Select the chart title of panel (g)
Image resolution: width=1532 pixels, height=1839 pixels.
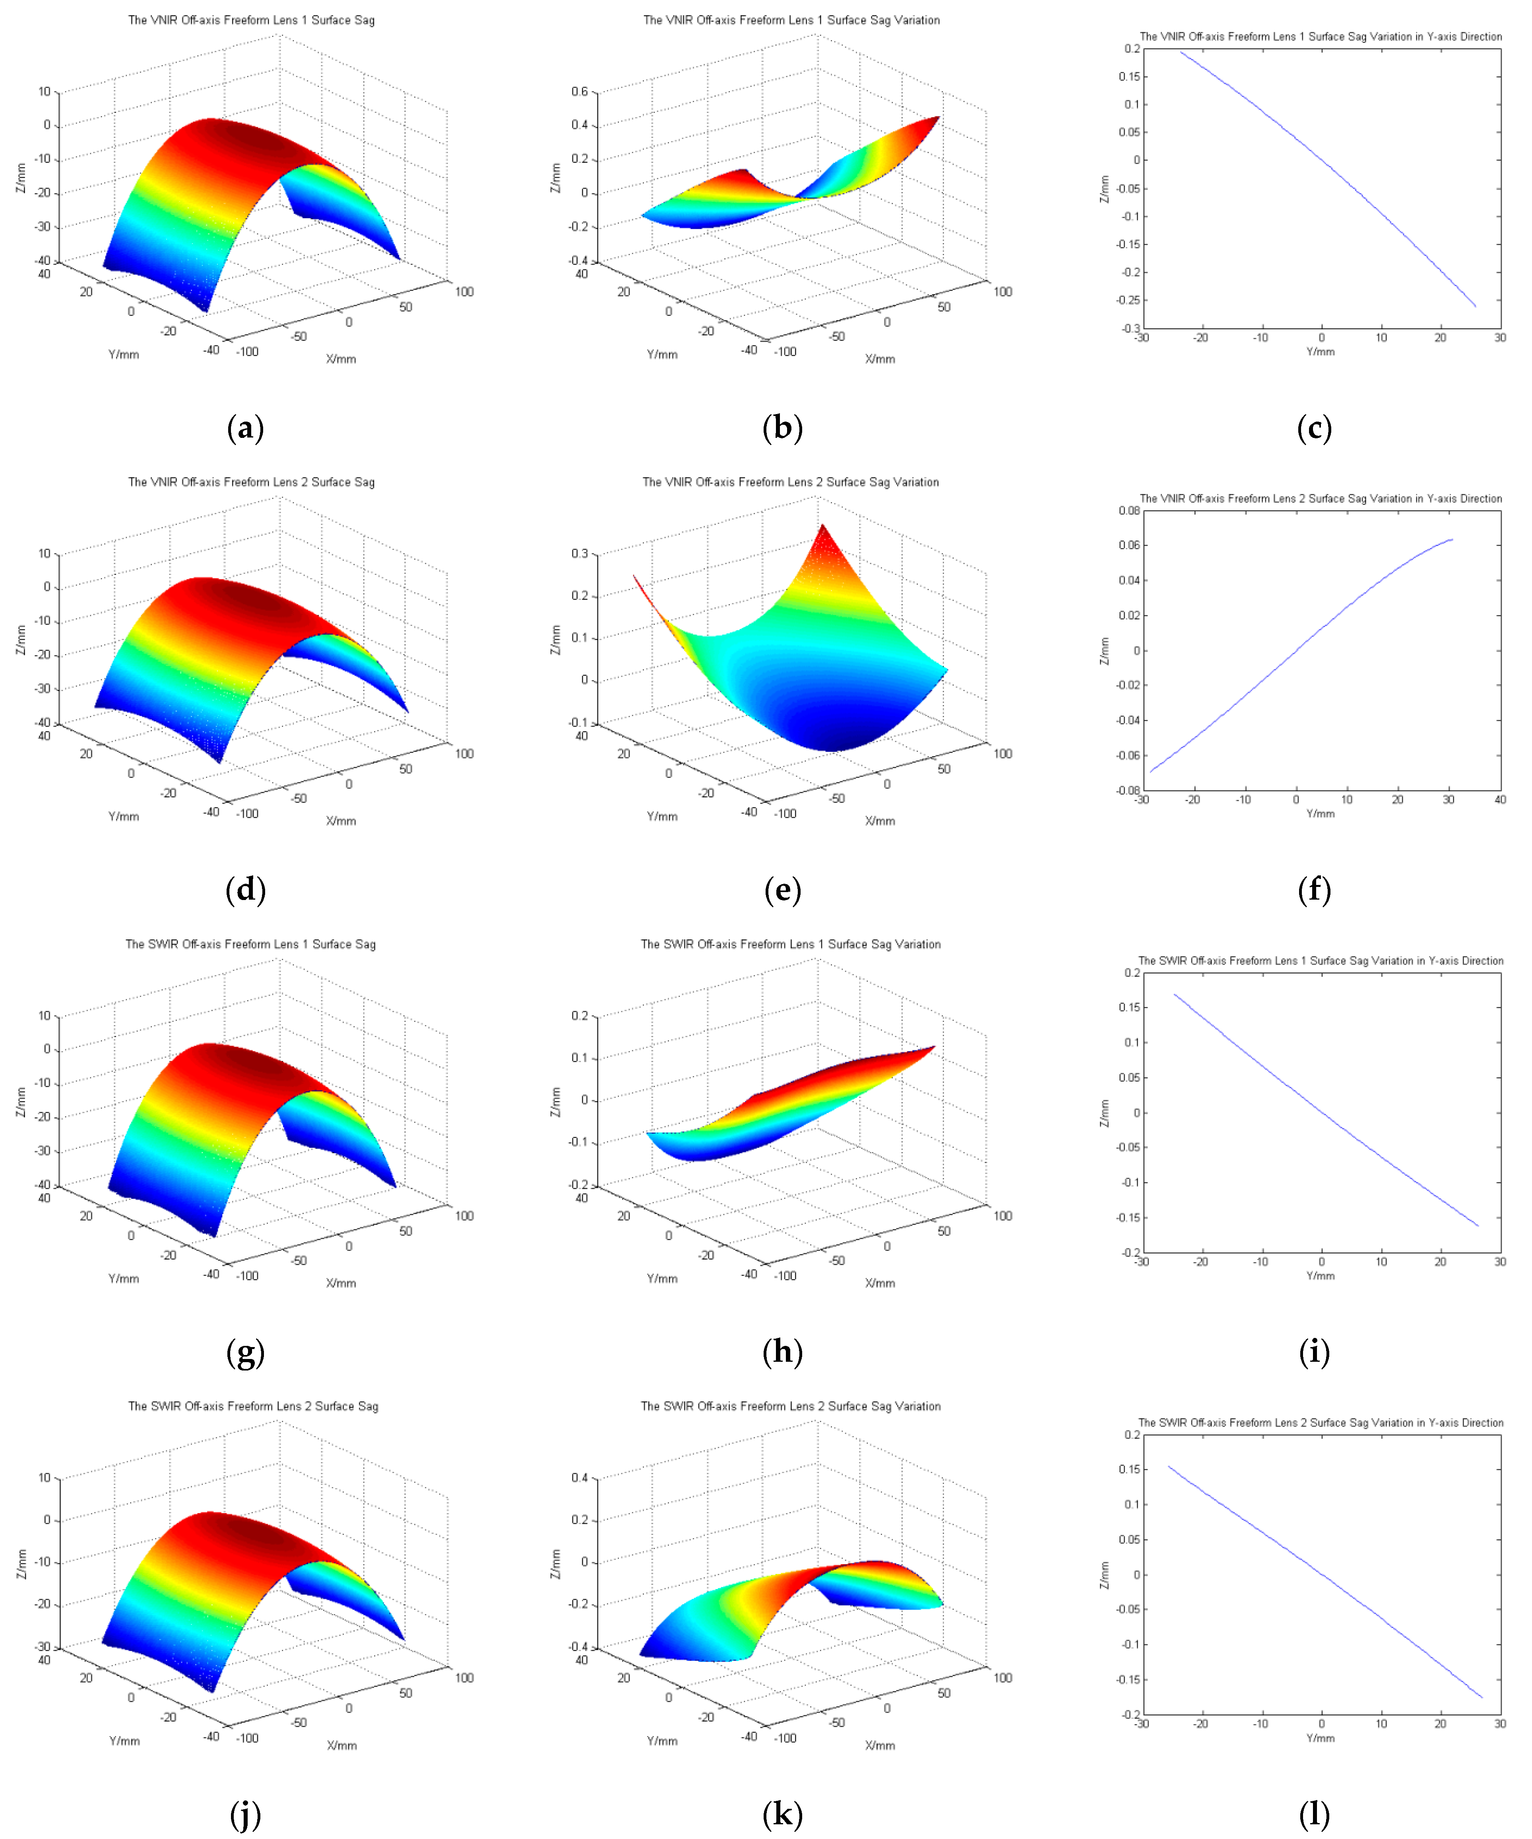[x=250, y=944]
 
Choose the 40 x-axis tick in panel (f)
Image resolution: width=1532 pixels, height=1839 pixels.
[x=1499, y=799]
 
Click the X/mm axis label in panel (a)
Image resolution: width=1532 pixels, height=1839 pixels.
[x=341, y=359]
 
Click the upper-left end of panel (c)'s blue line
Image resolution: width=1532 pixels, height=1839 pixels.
[x=1181, y=52]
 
